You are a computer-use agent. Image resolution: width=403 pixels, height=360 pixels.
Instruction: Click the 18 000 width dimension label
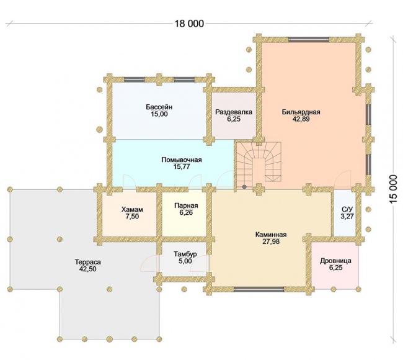(x=189, y=24)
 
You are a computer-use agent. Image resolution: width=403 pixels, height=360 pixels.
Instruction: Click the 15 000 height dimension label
(x=393, y=189)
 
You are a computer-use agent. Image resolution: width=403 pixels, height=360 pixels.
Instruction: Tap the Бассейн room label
(x=159, y=107)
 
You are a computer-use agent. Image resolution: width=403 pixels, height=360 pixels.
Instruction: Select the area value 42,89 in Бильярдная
(x=301, y=119)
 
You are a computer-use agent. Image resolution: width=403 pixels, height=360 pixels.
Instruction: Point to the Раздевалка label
(x=234, y=112)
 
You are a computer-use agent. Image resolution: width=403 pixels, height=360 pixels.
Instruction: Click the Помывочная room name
(x=182, y=160)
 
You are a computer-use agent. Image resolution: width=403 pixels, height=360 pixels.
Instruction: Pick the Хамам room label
(x=132, y=209)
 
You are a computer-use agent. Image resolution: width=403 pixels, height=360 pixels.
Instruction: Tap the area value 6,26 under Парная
(x=186, y=212)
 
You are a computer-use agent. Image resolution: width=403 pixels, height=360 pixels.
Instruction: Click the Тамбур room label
(x=185, y=254)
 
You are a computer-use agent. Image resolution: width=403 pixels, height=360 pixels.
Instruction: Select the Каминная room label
(x=271, y=235)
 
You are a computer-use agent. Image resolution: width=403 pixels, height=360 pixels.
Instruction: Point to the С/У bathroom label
(x=347, y=209)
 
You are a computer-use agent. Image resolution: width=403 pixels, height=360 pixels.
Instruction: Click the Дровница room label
(x=335, y=261)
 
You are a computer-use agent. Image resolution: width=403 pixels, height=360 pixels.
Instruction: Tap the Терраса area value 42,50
(x=88, y=269)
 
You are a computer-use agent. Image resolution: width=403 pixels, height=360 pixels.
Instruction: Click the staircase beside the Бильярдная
(x=259, y=163)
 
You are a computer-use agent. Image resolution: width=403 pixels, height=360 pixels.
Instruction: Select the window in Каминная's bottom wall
(x=259, y=289)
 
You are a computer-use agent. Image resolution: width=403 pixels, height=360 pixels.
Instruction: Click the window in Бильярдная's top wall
(x=308, y=39)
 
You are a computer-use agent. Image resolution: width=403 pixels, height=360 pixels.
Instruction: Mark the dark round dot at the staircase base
(x=244, y=187)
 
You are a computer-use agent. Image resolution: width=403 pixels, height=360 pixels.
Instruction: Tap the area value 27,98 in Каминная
(x=271, y=241)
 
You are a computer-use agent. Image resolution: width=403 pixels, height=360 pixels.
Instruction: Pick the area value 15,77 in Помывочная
(x=182, y=166)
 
